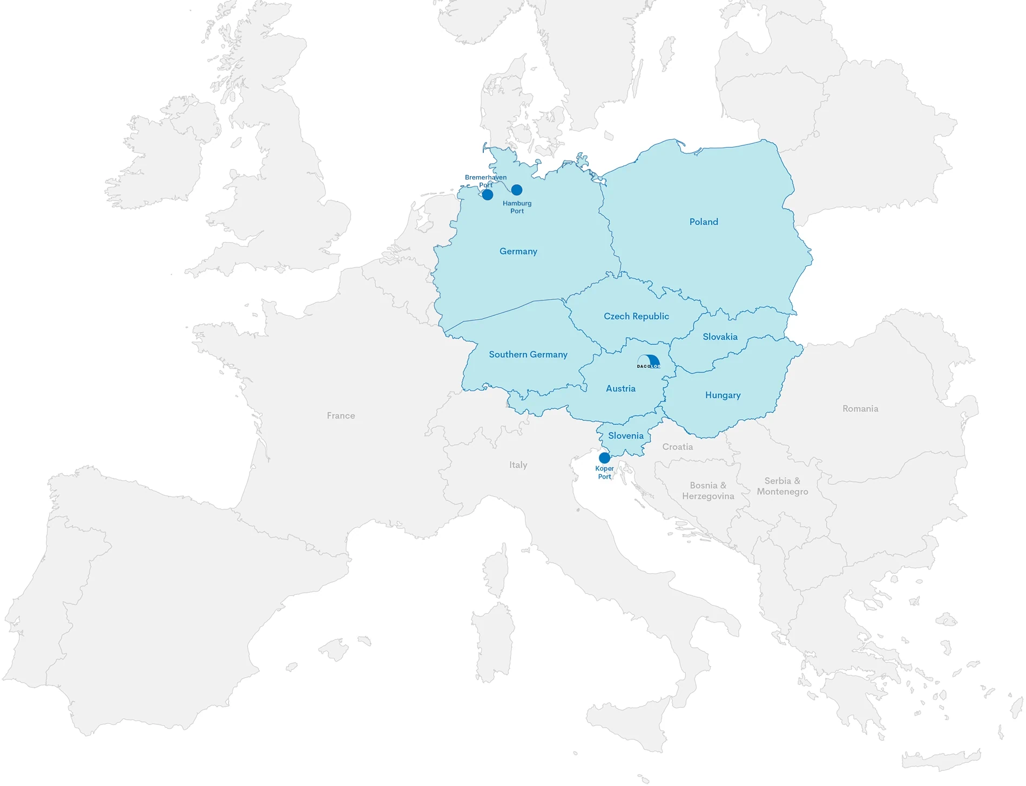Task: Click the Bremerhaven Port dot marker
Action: [x=487, y=194]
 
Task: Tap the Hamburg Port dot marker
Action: [x=517, y=190]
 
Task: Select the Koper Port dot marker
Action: [x=605, y=458]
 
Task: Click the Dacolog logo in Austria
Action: [x=648, y=362]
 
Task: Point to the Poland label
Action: [x=704, y=221]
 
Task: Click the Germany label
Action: [x=518, y=251]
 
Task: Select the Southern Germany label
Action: [x=528, y=354]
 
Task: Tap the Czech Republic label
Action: [x=636, y=316]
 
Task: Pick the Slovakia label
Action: [x=720, y=337]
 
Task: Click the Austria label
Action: [x=620, y=388]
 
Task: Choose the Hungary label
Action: [x=723, y=395]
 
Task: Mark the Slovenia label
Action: [x=625, y=435]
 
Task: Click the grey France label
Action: [x=341, y=415]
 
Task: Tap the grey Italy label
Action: [x=518, y=465]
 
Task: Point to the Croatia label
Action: [x=677, y=447]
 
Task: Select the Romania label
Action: [x=860, y=408]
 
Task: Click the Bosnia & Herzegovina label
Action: [x=708, y=491]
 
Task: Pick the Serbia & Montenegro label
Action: [x=782, y=486]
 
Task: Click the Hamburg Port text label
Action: [x=517, y=207]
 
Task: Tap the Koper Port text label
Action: [x=604, y=473]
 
